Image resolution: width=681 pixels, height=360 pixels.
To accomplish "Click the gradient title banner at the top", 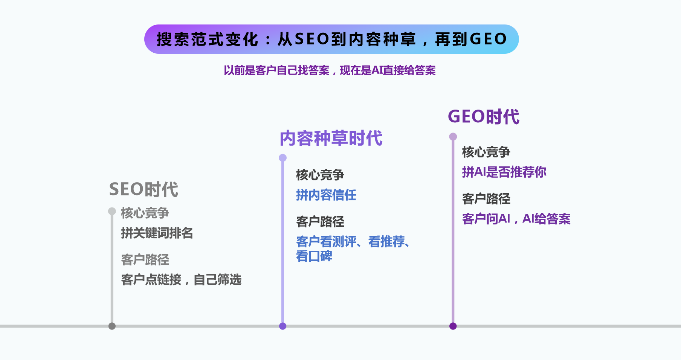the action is click(331, 39).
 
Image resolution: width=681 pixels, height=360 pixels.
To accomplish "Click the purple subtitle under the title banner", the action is click(330, 70).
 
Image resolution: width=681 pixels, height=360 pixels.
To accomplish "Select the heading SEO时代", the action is click(144, 189).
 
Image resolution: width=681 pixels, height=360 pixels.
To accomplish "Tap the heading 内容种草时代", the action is click(331, 138).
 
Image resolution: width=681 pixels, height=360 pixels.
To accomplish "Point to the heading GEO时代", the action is click(484, 117).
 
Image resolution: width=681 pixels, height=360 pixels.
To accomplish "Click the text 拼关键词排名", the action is click(157, 233).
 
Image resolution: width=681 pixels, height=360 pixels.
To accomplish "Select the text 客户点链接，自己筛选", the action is click(181, 280).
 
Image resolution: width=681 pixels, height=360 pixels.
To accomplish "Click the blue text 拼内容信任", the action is click(326, 195).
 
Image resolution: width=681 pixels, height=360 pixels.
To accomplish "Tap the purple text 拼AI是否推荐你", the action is click(504, 172).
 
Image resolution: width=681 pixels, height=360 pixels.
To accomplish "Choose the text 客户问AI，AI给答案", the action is click(516, 219).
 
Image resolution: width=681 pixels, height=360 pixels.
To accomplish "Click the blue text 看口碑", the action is click(314, 256).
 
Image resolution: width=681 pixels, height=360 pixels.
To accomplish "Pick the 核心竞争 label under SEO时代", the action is click(145, 213).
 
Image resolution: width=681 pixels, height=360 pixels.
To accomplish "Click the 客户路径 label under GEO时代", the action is click(486, 199).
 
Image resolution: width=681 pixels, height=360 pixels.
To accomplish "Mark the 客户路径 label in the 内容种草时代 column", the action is click(320, 222).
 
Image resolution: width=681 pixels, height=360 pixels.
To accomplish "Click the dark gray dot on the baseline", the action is click(112, 326).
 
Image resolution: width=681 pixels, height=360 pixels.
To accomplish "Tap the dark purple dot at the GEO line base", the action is click(453, 326).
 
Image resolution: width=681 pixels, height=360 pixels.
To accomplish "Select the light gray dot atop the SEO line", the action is click(112, 211).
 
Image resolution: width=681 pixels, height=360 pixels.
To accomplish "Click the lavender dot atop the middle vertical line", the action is click(283, 158).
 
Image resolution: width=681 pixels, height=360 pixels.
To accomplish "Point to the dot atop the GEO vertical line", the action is click(453, 137).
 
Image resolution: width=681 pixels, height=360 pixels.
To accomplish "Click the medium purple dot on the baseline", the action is click(283, 326).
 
